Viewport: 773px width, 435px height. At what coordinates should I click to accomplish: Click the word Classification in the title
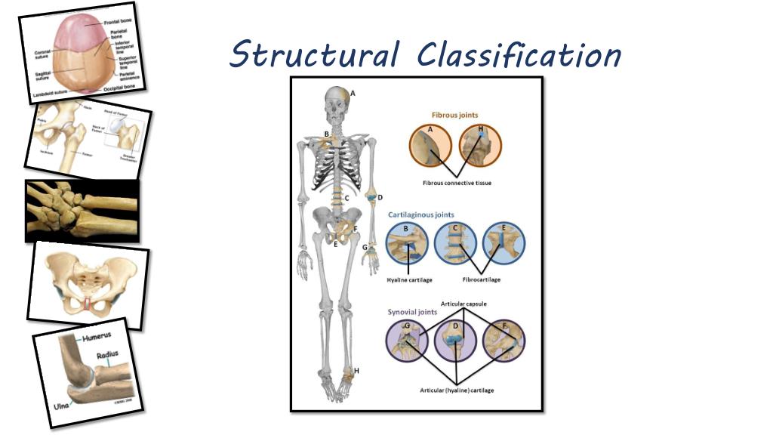pos(519,54)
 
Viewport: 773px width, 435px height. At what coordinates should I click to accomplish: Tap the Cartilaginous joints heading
pos(427,214)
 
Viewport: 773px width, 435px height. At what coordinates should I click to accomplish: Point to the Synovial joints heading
pos(411,310)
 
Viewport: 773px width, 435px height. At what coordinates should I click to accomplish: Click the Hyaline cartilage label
pos(410,279)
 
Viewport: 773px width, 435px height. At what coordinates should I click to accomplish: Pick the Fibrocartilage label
pos(482,279)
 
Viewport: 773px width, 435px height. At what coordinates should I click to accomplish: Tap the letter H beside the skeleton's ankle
pos(356,371)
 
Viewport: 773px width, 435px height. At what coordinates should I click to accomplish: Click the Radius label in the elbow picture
pos(111,356)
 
